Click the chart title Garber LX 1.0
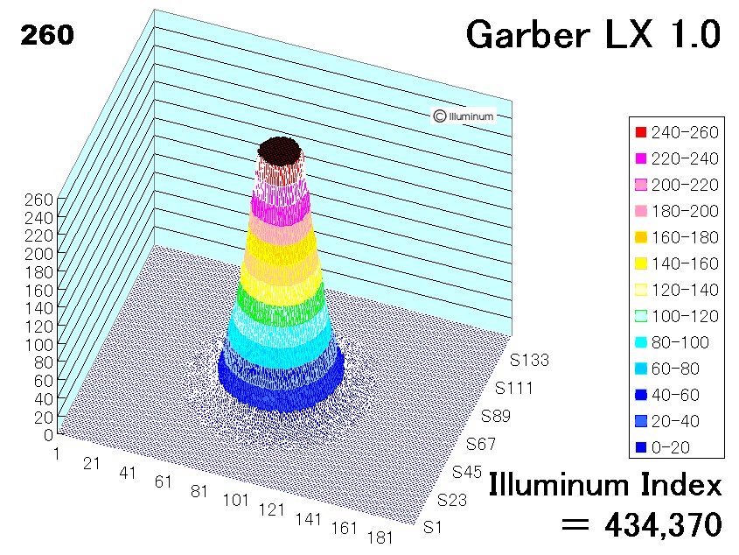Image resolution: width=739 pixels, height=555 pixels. [x=593, y=34]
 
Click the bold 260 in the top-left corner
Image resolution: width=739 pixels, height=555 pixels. [x=47, y=35]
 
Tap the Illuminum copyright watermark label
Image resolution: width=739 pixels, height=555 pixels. [x=464, y=116]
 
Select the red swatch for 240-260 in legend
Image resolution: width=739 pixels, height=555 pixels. [x=641, y=132]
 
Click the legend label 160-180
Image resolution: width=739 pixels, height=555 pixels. [x=685, y=237]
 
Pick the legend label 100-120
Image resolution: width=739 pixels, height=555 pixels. [x=685, y=316]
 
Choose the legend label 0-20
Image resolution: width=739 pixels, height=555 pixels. [x=671, y=447]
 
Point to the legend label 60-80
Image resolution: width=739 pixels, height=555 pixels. [x=675, y=369]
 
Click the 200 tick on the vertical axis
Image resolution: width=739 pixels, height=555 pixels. [x=38, y=254]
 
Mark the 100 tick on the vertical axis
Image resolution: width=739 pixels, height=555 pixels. [x=38, y=345]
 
